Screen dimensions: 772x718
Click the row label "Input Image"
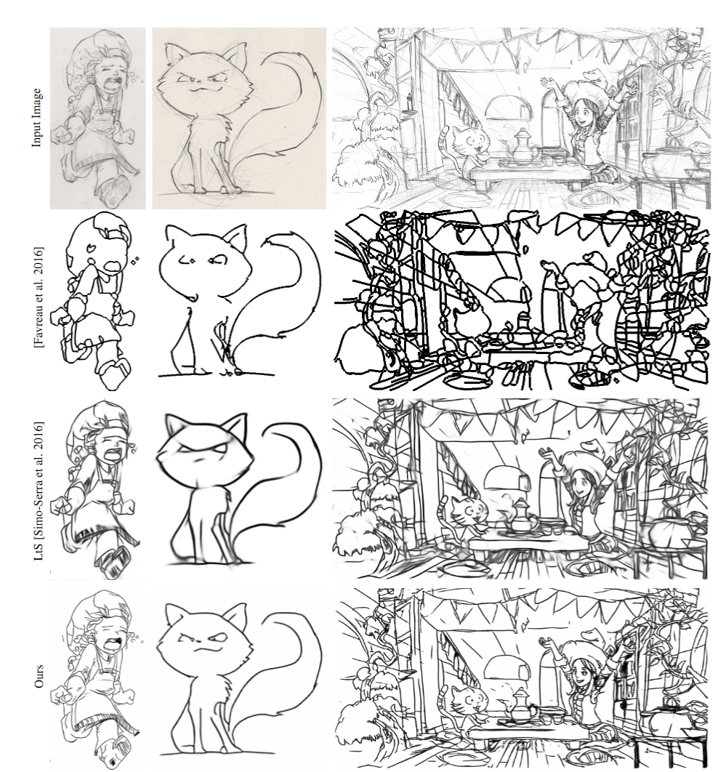click(x=36, y=118)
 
